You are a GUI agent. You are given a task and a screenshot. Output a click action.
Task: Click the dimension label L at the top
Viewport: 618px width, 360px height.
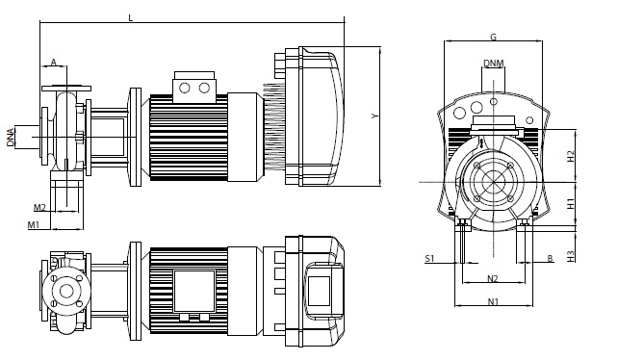(131, 18)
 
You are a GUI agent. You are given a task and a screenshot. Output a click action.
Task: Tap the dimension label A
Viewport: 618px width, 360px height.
(54, 62)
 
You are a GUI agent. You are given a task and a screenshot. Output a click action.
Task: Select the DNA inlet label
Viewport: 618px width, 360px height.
(11, 137)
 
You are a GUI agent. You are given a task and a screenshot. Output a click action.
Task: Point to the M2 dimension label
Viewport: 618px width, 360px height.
(39, 207)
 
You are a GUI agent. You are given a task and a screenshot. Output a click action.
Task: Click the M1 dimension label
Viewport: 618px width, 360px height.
(34, 224)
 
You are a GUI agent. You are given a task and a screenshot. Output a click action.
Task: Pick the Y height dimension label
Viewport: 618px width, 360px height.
(374, 116)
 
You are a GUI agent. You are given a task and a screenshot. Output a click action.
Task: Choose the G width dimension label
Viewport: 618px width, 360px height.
(493, 38)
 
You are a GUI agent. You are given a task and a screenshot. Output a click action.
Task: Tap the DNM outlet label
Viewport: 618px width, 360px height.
(494, 64)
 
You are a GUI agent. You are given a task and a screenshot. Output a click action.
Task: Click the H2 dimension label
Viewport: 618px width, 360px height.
(571, 156)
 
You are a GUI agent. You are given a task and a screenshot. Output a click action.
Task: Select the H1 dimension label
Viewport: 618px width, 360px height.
(571, 204)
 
